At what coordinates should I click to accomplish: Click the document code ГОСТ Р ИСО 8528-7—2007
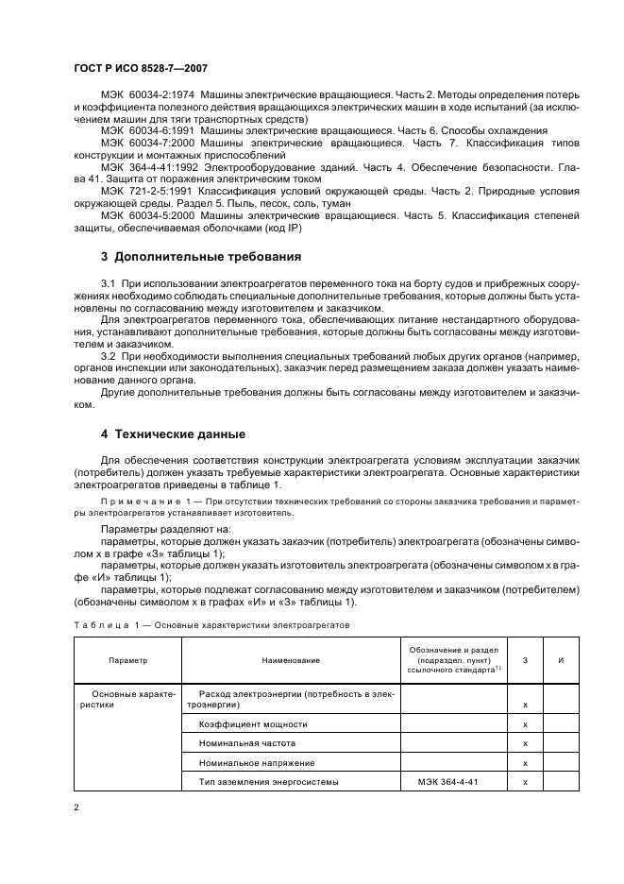(141, 69)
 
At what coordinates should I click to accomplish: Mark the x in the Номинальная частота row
(524, 744)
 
